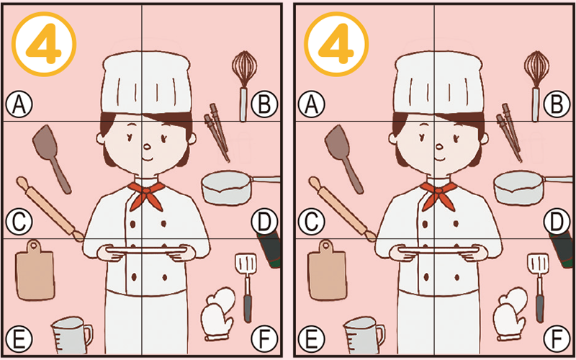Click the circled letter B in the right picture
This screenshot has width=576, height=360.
click(x=556, y=105)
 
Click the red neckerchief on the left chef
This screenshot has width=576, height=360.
click(x=145, y=193)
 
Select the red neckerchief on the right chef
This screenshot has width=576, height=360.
click(x=437, y=193)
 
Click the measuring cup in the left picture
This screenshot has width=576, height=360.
click(x=70, y=334)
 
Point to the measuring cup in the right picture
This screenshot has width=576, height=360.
click(x=361, y=334)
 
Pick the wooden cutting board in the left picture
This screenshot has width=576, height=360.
click(x=35, y=273)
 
